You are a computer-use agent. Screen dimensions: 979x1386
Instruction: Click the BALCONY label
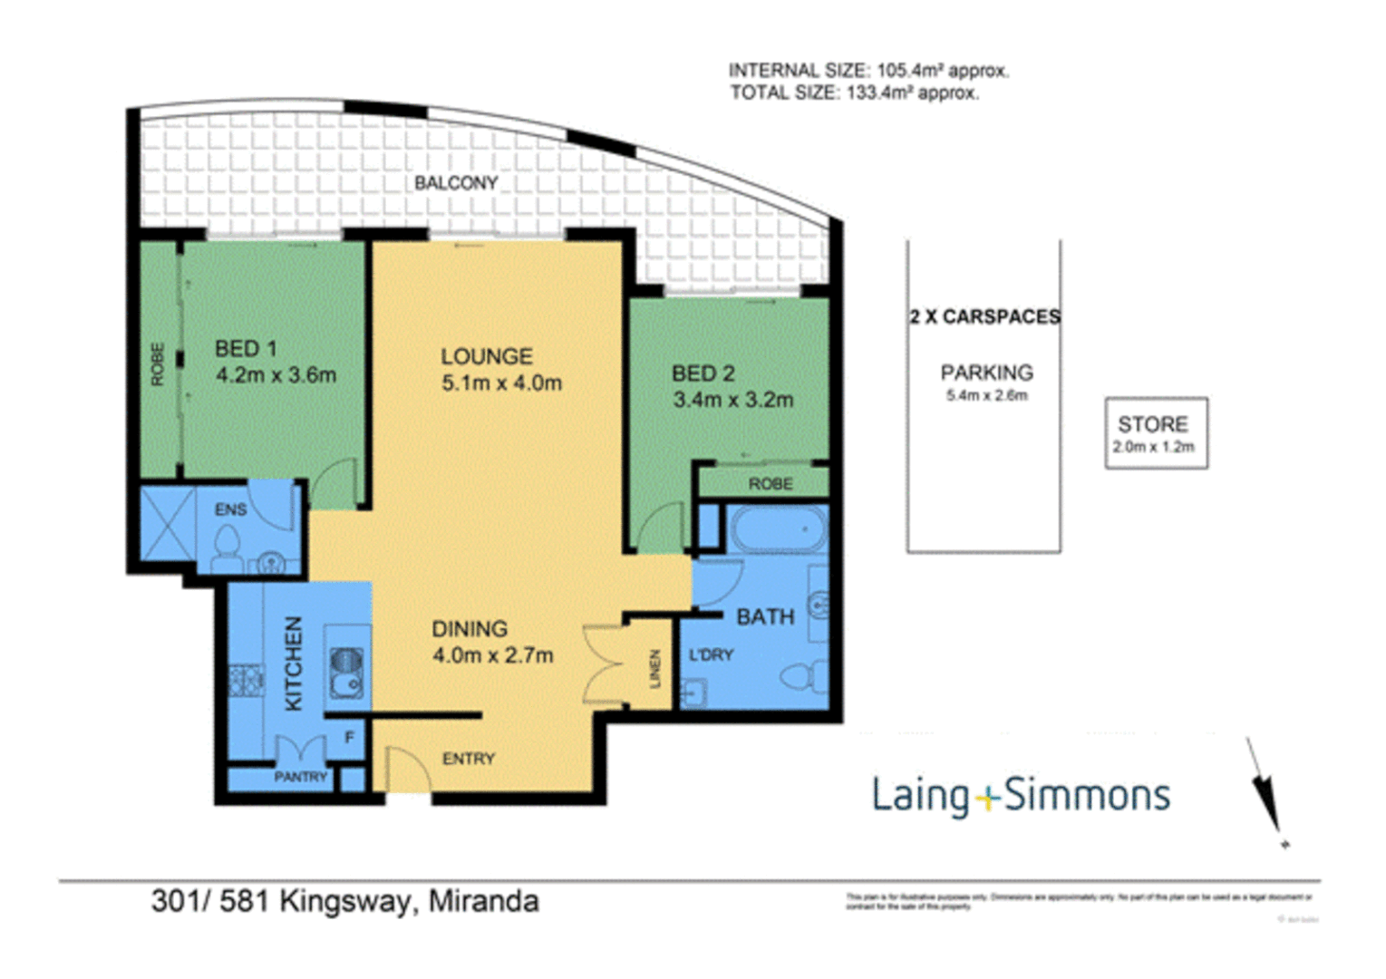tap(456, 182)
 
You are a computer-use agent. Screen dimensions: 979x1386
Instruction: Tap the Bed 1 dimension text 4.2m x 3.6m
tap(276, 374)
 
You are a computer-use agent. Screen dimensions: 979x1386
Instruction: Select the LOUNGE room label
tap(487, 356)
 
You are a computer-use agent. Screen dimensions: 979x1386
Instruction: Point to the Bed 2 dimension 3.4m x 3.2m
tap(732, 399)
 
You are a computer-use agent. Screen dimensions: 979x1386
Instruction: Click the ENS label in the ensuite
tap(230, 509)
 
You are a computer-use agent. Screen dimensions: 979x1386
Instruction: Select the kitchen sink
tap(345, 673)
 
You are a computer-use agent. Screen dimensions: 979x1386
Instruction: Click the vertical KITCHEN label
tap(294, 664)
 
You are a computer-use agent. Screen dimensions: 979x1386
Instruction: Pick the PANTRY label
tap(300, 777)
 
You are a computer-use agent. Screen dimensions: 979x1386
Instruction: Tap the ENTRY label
tap(469, 759)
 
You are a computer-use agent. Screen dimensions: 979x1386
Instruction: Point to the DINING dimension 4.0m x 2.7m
tap(492, 655)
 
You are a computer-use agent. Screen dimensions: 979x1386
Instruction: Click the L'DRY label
tap(711, 654)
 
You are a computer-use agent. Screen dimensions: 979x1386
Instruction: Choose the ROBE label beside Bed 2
tap(770, 484)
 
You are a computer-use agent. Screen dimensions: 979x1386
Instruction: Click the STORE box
tap(1156, 433)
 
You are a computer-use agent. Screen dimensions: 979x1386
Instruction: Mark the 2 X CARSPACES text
tap(985, 316)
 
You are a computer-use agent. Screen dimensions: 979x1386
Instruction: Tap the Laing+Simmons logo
tap(1021, 795)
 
